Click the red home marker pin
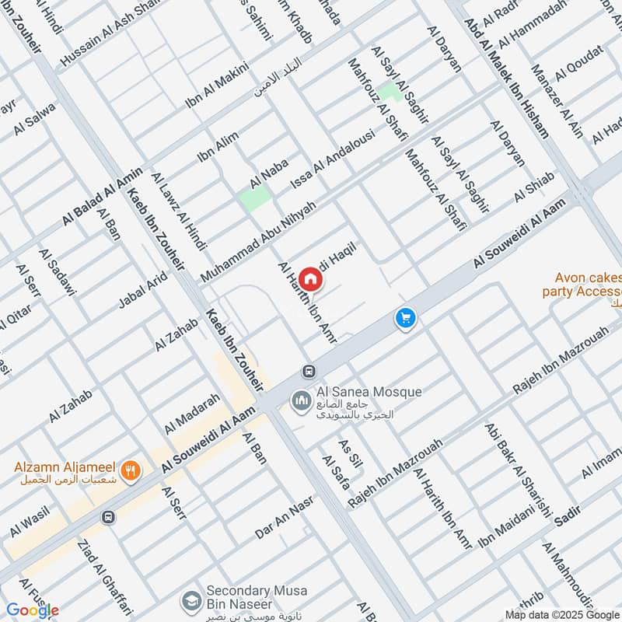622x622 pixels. coord(309,279)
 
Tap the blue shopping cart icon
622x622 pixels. coord(405,318)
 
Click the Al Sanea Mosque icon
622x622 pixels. coord(300,401)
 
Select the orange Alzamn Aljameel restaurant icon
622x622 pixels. coord(131,469)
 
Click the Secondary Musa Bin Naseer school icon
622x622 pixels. coord(190,600)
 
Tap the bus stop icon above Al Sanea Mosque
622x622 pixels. coord(309,371)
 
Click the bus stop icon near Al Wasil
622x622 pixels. coord(108,516)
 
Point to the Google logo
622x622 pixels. coord(32,610)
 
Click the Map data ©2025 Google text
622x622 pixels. coord(561,613)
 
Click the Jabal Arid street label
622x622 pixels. coord(142,288)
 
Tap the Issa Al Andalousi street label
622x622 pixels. coord(332,159)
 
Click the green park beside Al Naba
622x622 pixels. coord(255,196)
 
